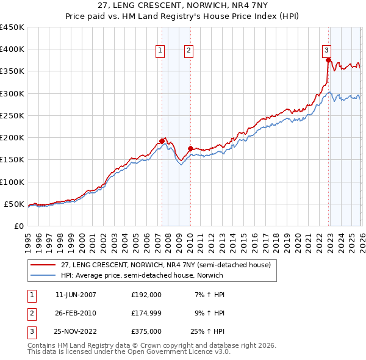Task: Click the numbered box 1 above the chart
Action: [160, 51]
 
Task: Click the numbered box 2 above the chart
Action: [189, 51]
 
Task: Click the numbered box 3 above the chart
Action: [327, 51]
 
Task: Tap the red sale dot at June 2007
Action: [162, 141]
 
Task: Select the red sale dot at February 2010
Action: [190, 148]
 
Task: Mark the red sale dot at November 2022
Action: [328, 60]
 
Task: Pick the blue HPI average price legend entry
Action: [159, 275]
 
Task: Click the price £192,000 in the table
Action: [146, 295]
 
